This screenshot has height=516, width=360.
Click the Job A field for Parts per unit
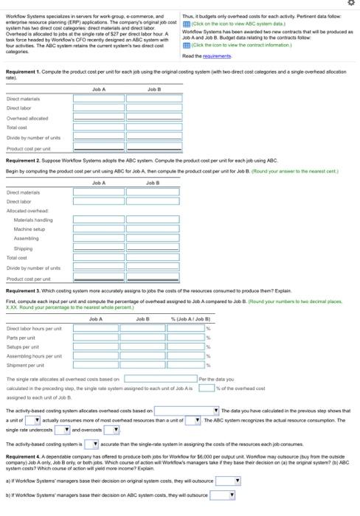click(96, 336)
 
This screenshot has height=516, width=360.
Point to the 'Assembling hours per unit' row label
click(30, 355)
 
